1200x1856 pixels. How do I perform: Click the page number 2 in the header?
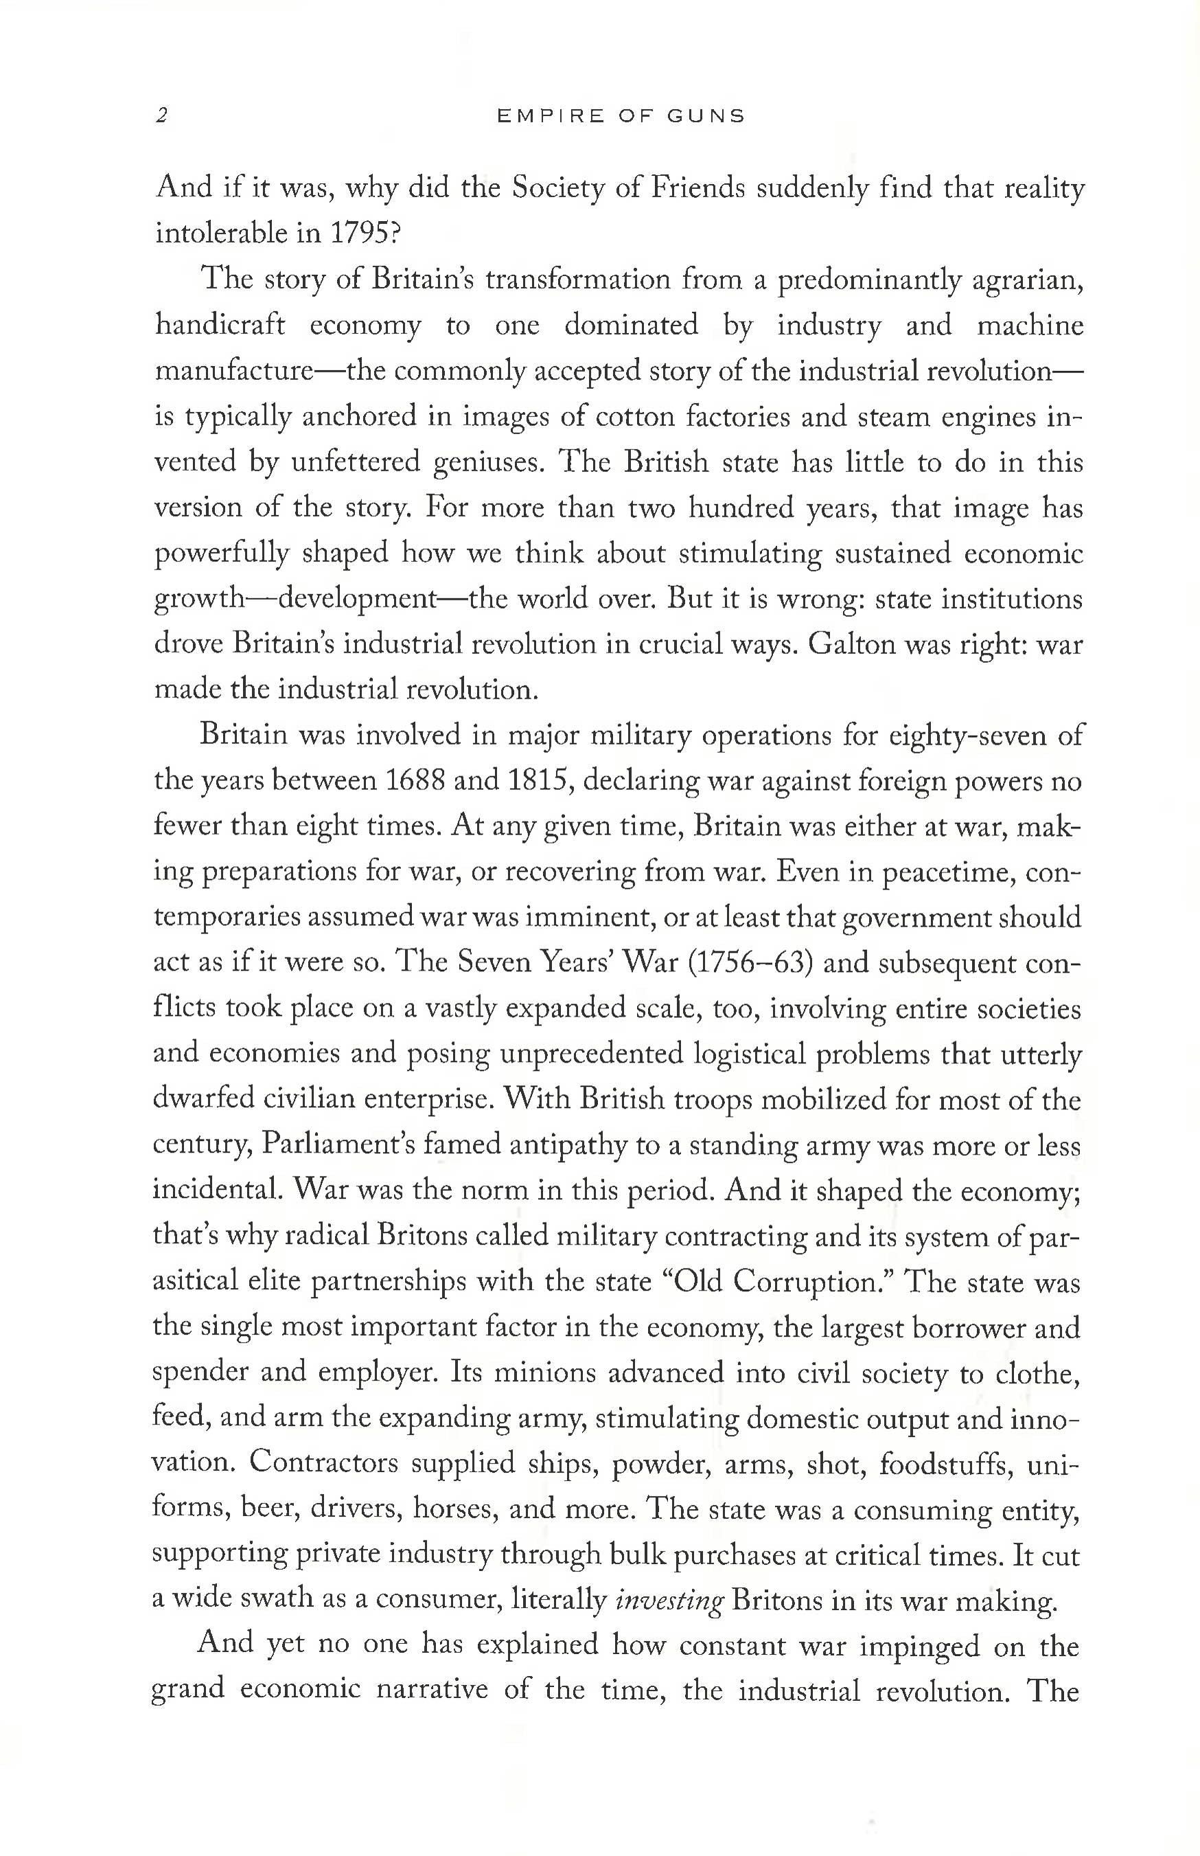161,116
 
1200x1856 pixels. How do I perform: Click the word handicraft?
220,325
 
